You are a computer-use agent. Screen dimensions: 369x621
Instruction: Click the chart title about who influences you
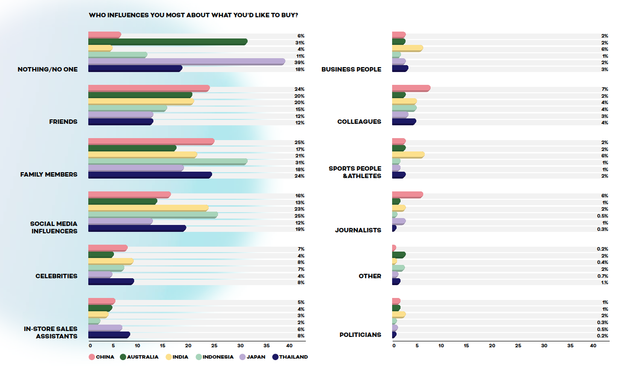coord(193,15)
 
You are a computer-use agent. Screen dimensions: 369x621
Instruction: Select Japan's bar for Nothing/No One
coord(186,62)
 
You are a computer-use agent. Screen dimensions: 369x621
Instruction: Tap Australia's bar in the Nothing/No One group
coord(168,42)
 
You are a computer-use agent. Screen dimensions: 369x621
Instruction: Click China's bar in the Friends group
coord(148,88)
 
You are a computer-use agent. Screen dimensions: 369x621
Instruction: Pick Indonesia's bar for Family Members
coord(168,162)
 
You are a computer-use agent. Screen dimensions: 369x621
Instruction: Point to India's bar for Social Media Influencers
coord(148,208)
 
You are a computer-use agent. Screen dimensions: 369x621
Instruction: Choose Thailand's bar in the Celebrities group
coord(111,282)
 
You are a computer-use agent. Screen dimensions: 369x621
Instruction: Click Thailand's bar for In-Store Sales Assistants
coord(109,335)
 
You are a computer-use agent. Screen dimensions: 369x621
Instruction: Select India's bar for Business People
coord(407,48)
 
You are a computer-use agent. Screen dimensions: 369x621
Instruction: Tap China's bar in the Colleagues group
coord(411,88)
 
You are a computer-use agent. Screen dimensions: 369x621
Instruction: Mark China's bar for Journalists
coord(407,195)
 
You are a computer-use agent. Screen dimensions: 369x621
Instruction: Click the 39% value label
coord(300,63)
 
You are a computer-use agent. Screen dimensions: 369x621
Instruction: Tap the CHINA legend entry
coord(102,357)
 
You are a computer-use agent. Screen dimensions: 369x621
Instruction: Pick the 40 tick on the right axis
coord(593,345)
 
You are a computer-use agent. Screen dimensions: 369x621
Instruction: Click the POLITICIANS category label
coord(360,335)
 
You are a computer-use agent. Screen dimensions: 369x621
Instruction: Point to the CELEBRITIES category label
coord(56,276)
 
